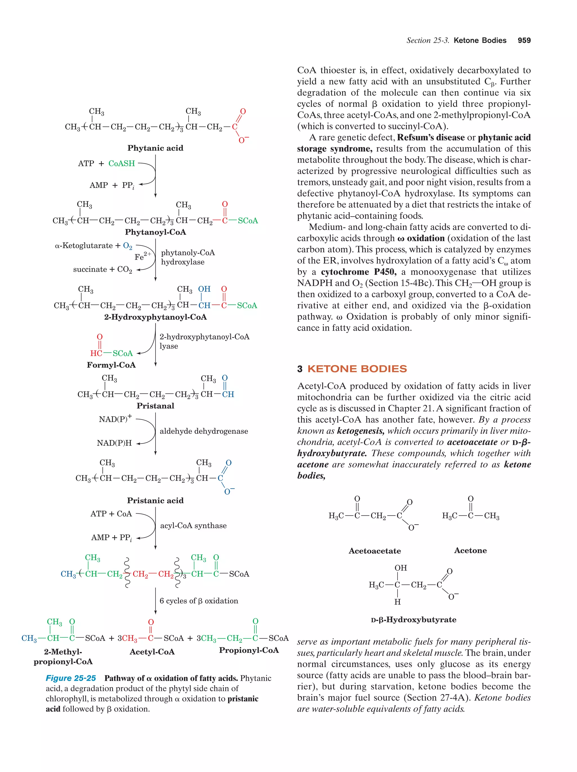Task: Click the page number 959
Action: click(x=524, y=41)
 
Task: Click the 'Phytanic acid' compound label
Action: click(x=155, y=148)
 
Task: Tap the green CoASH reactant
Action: click(x=121, y=163)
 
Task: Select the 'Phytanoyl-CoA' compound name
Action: click(x=155, y=232)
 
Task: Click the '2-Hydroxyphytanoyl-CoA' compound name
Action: click(x=155, y=317)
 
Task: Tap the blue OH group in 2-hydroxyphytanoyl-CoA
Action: click(x=204, y=289)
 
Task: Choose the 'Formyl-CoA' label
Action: click(x=111, y=365)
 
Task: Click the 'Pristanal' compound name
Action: click(x=155, y=406)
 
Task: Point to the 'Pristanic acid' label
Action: click(x=155, y=500)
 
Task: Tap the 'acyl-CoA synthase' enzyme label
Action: click(x=193, y=526)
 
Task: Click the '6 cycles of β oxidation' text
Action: click(x=199, y=601)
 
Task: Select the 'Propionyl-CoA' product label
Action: click(x=249, y=650)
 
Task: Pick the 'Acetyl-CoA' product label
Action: click(x=152, y=651)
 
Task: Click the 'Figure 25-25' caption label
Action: click(x=71, y=678)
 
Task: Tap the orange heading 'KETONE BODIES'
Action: click(x=357, y=369)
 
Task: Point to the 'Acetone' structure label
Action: click(x=470, y=550)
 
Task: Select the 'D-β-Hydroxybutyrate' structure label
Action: click(x=413, y=619)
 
